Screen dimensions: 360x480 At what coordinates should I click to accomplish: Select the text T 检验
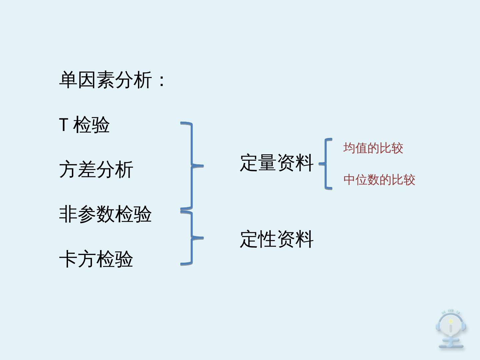coord(84,125)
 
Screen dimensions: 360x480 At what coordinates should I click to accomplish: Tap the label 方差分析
coord(96,169)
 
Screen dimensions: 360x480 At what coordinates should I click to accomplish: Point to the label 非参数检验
coord(105,214)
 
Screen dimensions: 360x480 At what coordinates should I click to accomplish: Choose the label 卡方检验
coord(96,259)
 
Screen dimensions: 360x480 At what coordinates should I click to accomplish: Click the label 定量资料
coord(277,163)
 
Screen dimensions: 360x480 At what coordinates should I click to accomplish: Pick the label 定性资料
coord(277,239)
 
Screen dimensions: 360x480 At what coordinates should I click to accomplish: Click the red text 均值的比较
coord(373,148)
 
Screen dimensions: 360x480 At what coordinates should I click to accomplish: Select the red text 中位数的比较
coord(379,180)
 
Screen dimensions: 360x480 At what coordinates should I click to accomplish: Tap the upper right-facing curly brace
coord(192,165)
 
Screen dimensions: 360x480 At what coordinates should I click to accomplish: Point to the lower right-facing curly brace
coord(192,238)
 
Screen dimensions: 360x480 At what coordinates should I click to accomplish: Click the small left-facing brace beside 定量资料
coord(326,164)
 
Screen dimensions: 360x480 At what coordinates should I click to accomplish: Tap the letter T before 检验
coord(64,125)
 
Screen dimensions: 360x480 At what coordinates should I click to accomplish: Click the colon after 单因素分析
coord(162,81)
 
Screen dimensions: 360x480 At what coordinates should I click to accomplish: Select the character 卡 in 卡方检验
coord(68,259)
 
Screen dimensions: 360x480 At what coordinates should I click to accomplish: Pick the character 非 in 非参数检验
coord(68,214)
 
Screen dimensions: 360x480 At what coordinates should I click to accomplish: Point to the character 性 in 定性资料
coord(267,239)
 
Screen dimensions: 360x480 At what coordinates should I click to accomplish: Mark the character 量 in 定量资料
coord(267,163)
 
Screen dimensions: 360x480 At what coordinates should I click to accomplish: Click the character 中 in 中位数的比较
coord(349,180)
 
